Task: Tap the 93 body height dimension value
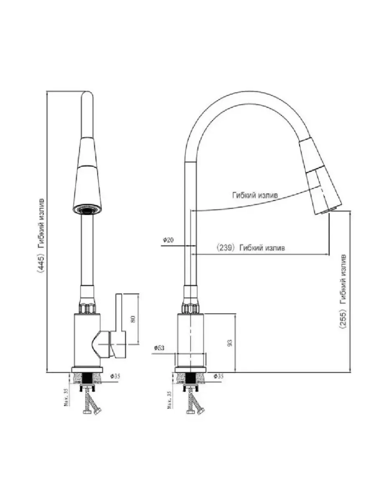pyautogui.click(x=229, y=343)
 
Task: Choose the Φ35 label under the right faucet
pyautogui.click(x=218, y=376)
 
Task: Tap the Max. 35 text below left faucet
pyautogui.click(x=66, y=399)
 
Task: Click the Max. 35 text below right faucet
pyautogui.click(x=169, y=400)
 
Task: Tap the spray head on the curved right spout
pyautogui.click(x=320, y=175)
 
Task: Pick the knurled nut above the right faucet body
pyautogui.click(x=191, y=309)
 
